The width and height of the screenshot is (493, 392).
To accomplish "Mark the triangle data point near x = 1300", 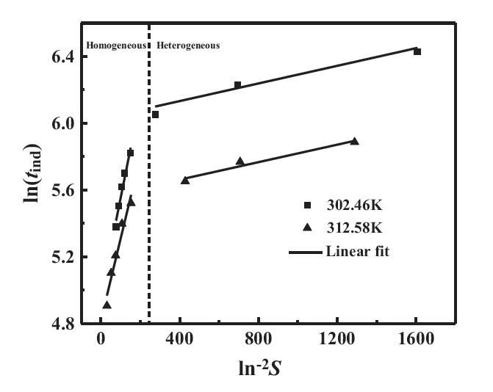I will pos(354,141).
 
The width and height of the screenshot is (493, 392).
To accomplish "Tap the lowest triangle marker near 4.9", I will pos(107,305).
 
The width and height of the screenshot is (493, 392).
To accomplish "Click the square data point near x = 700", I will pos(237,85).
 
